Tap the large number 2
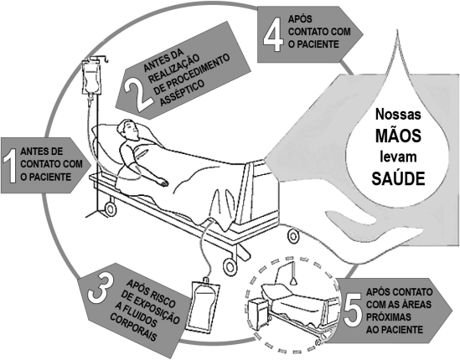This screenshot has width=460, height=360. [137, 95]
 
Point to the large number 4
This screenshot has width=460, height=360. [273, 33]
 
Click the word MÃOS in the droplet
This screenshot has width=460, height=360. [398, 136]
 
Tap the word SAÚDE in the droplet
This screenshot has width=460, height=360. [398, 178]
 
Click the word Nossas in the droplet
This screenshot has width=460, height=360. [398, 114]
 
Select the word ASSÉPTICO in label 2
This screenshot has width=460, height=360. [182, 93]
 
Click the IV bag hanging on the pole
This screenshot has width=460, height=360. [92, 78]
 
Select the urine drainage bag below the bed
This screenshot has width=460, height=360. [203, 306]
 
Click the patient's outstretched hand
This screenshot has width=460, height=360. [162, 183]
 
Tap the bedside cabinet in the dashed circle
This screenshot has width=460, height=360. [259, 314]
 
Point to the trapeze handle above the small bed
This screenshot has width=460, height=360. [292, 281]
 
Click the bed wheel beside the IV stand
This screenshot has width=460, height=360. [111, 208]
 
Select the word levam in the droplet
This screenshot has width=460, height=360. [398, 157]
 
